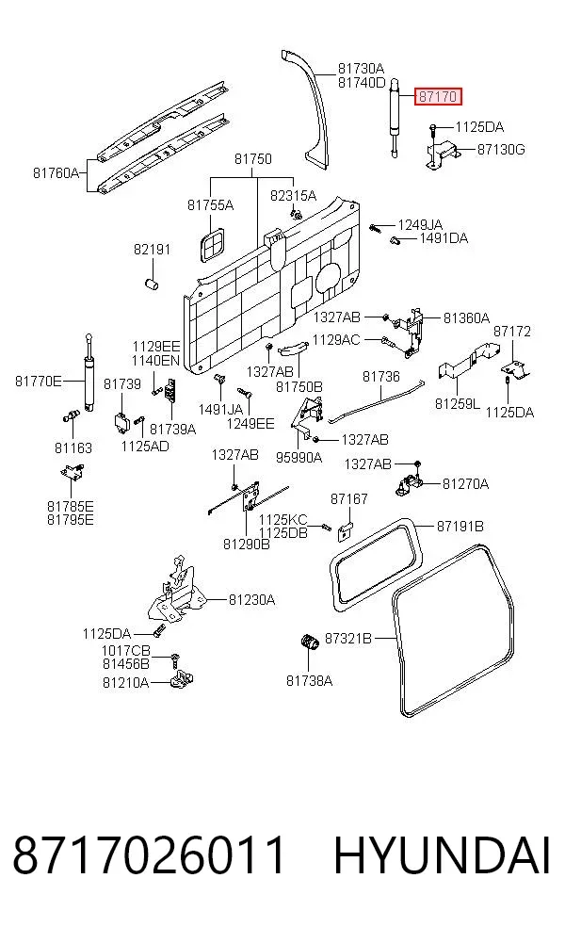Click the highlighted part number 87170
[438, 96]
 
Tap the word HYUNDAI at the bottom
[443, 855]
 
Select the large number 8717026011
[149, 855]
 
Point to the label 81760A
[56, 173]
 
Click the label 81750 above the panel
[253, 159]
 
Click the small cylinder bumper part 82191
[153, 284]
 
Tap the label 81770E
[38, 382]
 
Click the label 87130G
[501, 150]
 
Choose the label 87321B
[348, 639]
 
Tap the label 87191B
[460, 526]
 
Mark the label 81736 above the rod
[381, 377]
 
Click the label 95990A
[299, 457]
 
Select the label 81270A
[466, 484]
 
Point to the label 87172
[512, 331]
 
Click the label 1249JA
[420, 224]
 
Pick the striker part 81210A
[184, 678]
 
